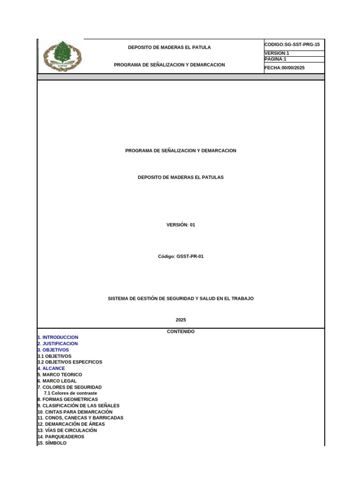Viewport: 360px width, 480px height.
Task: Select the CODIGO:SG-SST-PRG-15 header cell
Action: pyautogui.click(x=292, y=45)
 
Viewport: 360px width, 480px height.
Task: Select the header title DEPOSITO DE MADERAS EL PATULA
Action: pyautogui.click(x=169, y=47)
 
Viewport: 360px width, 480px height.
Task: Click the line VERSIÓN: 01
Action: pyautogui.click(x=180, y=225)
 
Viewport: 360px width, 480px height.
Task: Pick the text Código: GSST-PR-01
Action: pyautogui.click(x=180, y=256)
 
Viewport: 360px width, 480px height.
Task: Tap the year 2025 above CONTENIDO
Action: pyautogui.click(x=180, y=320)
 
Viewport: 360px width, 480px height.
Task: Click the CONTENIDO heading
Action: pyautogui.click(x=180, y=331)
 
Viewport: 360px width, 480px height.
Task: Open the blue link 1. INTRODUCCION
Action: pyautogui.click(x=58, y=337)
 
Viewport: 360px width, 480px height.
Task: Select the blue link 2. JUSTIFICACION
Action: pyautogui.click(x=58, y=344)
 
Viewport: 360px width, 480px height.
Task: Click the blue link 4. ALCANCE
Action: pyautogui.click(x=52, y=368)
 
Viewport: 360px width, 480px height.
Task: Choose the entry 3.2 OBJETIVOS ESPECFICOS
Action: pyautogui.click(x=70, y=362)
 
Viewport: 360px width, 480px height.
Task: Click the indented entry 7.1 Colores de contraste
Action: pyautogui.click(x=70, y=393)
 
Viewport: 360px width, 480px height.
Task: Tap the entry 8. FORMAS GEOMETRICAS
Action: pyautogui.click(x=68, y=399)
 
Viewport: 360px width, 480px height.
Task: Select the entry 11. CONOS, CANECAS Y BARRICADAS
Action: pyautogui.click(x=81, y=418)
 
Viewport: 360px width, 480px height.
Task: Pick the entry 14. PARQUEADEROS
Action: pyautogui.click(x=61, y=436)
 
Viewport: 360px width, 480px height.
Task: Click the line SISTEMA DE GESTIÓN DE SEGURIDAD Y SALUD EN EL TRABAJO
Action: pyautogui.click(x=180, y=299)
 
